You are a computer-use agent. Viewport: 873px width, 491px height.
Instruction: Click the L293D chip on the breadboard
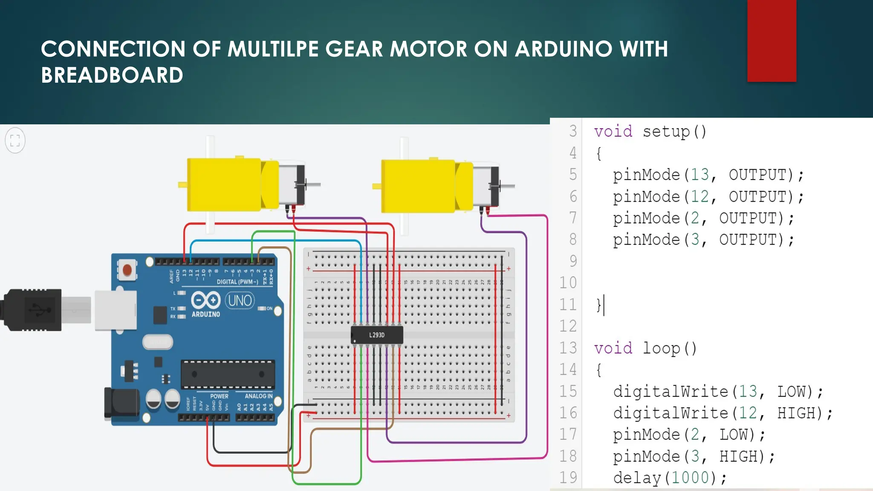(x=377, y=335)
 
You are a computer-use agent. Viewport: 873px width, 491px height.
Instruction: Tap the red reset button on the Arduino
(x=127, y=270)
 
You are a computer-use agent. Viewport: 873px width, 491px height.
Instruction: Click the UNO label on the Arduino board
(x=240, y=300)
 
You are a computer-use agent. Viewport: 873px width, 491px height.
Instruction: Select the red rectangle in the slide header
(x=772, y=40)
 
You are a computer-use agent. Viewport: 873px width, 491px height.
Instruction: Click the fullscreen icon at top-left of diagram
(x=15, y=140)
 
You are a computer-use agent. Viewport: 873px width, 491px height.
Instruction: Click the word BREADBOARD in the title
(x=112, y=75)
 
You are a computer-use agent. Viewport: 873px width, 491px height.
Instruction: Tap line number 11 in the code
(x=568, y=305)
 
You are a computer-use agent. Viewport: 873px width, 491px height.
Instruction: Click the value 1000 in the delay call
(x=690, y=478)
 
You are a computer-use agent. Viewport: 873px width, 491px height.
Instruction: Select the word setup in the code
(x=666, y=131)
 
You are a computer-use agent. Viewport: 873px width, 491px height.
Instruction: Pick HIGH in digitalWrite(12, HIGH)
(x=798, y=413)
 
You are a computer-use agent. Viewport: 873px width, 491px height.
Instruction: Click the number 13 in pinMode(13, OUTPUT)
(x=700, y=175)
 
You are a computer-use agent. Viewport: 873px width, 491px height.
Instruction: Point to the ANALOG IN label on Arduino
(x=258, y=396)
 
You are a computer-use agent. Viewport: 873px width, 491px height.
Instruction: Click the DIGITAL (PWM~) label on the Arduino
(x=237, y=282)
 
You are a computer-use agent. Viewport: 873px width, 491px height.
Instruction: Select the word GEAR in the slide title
(x=354, y=49)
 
